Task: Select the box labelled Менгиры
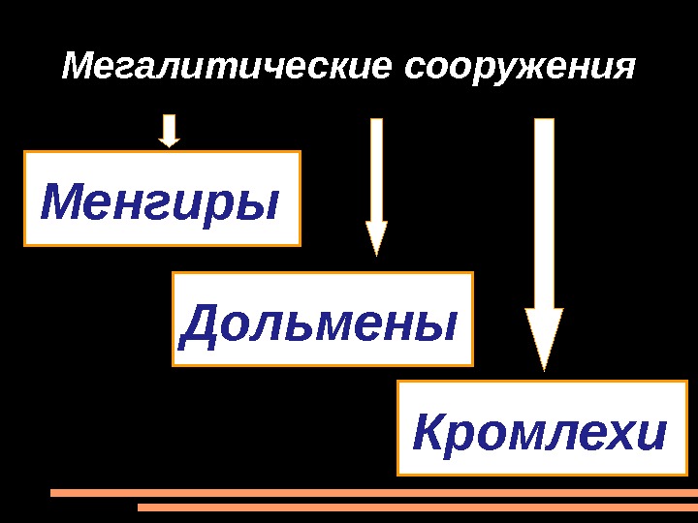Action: (162, 199)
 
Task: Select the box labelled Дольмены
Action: (322, 320)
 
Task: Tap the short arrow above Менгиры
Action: (170, 131)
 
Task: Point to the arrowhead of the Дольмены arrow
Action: (376, 237)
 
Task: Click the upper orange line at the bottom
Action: (373, 492)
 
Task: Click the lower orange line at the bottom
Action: (417, 507)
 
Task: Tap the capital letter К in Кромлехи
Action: (429, 432)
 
